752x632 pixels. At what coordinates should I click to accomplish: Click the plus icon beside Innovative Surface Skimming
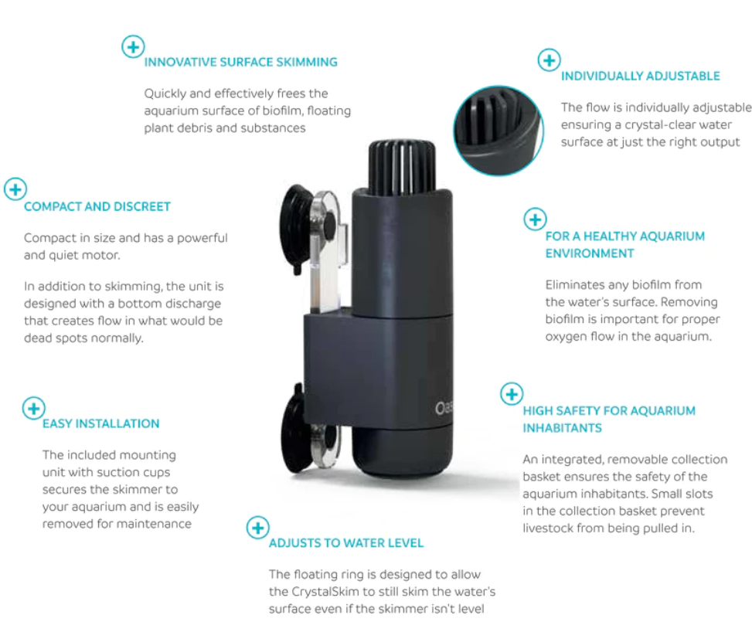133,46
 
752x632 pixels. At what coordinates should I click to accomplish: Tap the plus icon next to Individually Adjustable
550,60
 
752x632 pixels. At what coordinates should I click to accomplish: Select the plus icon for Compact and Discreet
15,189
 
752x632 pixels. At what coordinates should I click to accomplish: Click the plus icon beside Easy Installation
33,408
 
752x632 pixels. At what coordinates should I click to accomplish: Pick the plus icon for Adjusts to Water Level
258,528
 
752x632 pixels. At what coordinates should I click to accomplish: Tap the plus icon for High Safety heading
512,394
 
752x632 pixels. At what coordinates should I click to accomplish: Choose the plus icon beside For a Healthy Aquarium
536,219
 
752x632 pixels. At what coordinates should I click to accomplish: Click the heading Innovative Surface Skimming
241,63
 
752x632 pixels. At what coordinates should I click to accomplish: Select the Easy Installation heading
100,424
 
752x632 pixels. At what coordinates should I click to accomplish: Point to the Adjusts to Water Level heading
346,543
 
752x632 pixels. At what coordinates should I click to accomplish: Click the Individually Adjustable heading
640,76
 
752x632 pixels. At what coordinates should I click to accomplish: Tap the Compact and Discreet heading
97,206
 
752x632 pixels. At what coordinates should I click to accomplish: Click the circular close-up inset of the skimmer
498,131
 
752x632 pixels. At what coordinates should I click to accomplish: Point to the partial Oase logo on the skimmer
443,409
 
